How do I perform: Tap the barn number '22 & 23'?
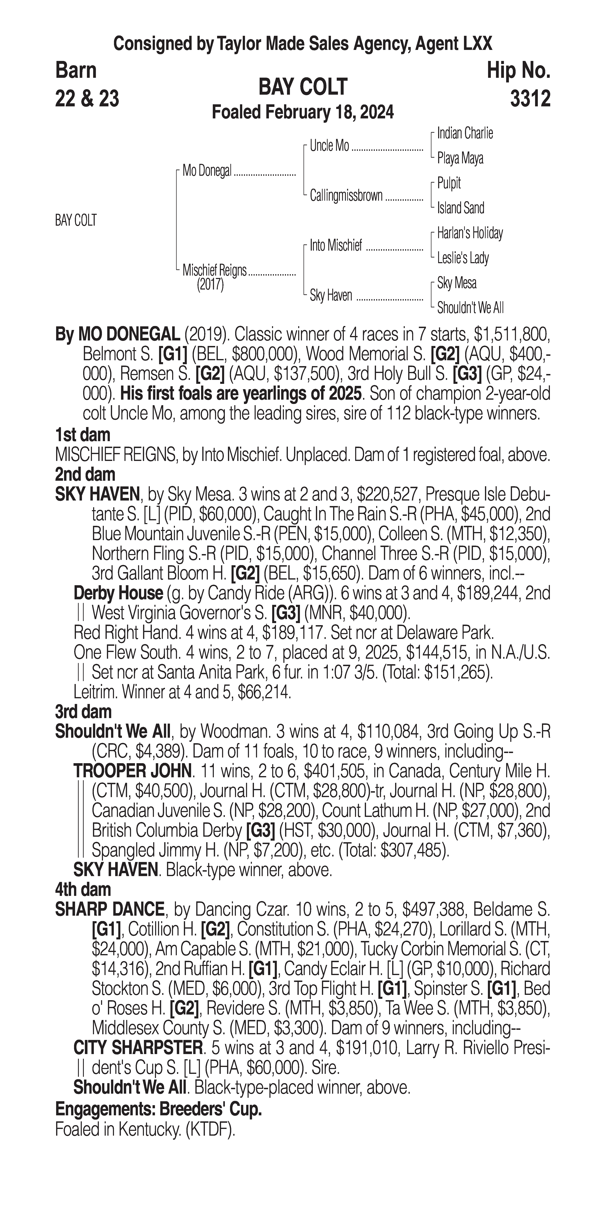[87, 99]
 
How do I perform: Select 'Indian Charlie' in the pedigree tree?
[465, 133]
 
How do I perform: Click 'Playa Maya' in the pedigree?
[460, 158]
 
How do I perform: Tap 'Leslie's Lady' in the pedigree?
[463, 258]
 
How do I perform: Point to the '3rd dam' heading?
[83, 712]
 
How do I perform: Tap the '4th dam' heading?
[83, 889]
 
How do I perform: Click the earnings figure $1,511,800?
[511, 334]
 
